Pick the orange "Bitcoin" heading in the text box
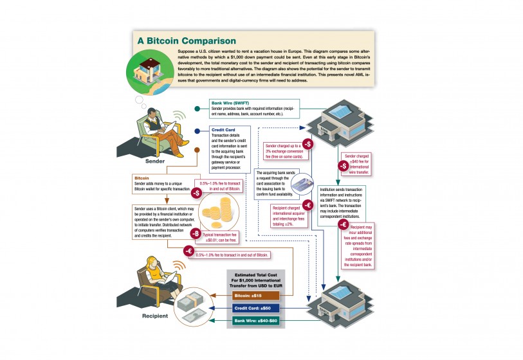tap(143, 177)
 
